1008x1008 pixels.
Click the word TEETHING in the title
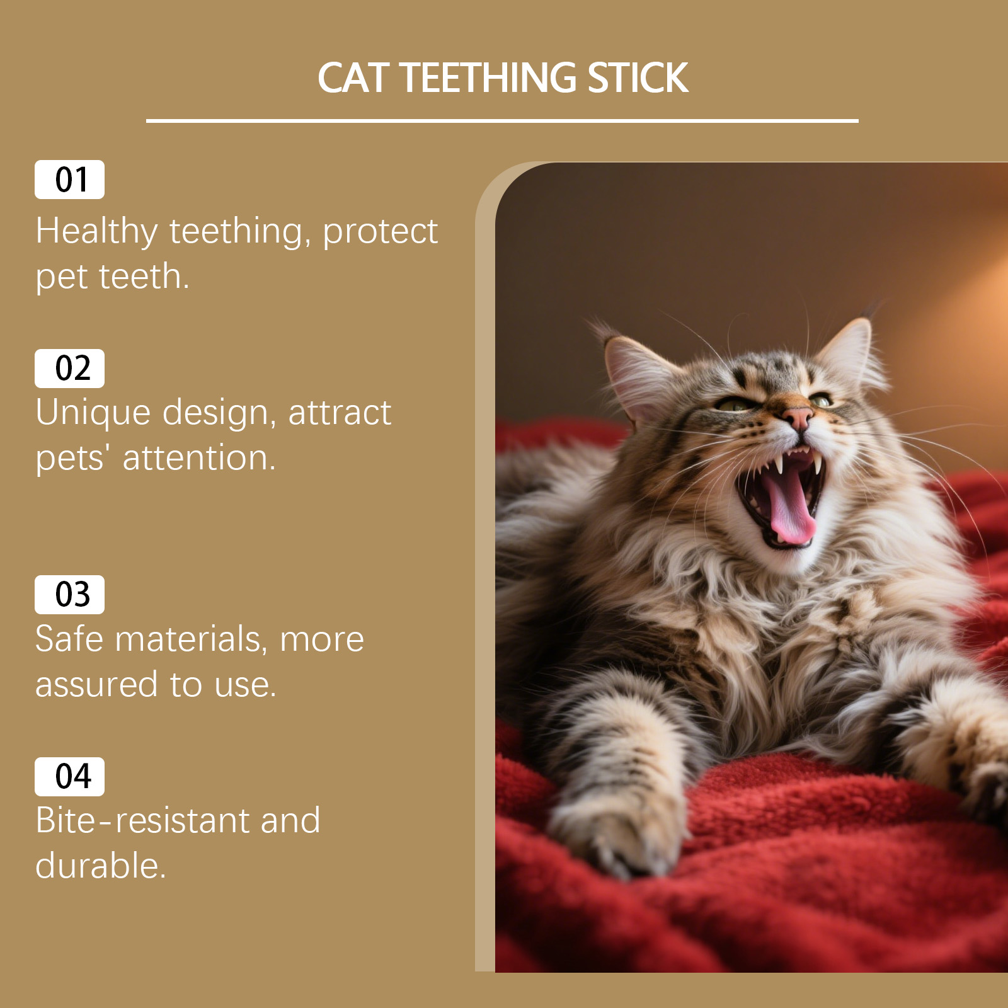pyautogui.click(x=488, y=78)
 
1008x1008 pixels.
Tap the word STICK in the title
pyautogui.click(x=638, y=78)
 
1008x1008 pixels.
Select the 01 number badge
pyautogui.click(x=70, y=180)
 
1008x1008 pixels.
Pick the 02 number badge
pyautogui.click(x=70, y=368)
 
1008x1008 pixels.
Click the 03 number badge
pyautogui.click(x=70, y=594)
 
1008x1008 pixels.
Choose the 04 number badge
pyautogui.click(x=70, y=776)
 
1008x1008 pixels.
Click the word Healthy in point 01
pyautogui.click(x=96, y=231)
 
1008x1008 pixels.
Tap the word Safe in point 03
pyautogui.click(x=69, y=639)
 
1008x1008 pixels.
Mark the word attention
pyautogui.click(x=199, y=458)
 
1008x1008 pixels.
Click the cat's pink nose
pyautogui.click(x=798, y=416)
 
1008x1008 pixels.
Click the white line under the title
pyautogui.click(x=502, y=120)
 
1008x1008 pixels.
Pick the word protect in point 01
pyautogui.click(x=380, y=231)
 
